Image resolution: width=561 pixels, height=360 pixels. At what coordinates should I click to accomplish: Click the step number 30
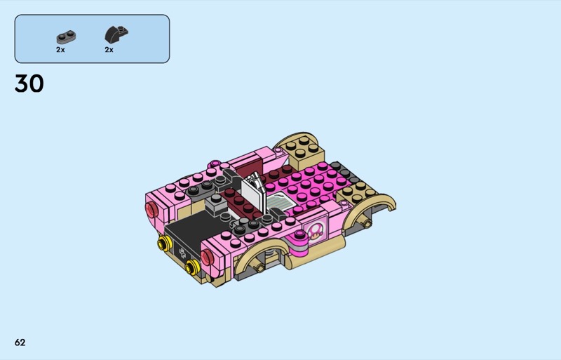coord(29,84)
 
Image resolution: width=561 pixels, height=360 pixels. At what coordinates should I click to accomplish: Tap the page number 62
coord(20,342)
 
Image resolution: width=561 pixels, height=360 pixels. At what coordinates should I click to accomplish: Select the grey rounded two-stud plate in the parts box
coord(66,37)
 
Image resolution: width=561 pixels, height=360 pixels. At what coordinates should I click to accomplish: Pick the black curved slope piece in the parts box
coord(116,34)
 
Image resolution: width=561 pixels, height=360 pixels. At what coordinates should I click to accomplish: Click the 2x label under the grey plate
coord(60,50)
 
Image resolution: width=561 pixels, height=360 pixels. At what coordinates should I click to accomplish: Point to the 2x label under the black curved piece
coord(109,50)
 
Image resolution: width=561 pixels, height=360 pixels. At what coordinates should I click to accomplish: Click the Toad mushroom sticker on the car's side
coord(315,232)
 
